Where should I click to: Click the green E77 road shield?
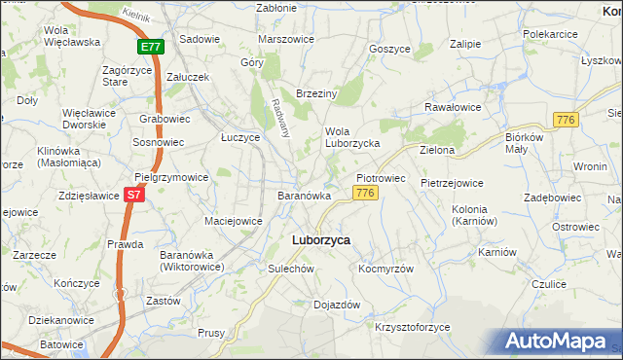click(151, 46)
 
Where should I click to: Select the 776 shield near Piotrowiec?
click(365, 194)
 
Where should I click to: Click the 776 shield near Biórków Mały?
click(564, 119)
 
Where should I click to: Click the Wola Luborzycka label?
click(351, 138)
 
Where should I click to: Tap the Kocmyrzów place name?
click(386, 269)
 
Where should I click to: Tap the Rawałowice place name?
click(452, 107)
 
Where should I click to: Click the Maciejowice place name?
click(233, 221)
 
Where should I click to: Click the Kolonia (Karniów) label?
click(476, 216)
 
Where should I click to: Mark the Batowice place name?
click(61, 344)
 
